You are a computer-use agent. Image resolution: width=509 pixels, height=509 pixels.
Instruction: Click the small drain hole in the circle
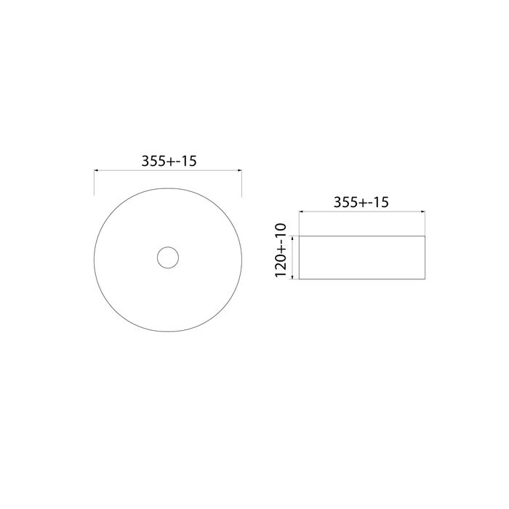pyautogui.click(x=167, y=257)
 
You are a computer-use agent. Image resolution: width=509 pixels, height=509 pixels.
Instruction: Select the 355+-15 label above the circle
pyautogui.click(x=168, y=161)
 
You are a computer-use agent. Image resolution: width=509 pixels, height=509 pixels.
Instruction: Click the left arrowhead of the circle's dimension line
pyautogui.click(x=97, y=172)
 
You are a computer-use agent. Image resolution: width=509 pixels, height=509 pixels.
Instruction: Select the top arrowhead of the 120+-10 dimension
pyautogui.click(x=292, y=237)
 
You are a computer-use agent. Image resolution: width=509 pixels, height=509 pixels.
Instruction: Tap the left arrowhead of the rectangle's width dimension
pyautogui.click(x=301, y=213)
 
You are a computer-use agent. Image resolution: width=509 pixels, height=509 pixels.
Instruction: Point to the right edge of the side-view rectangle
pyautogui.click(x=425, y=257)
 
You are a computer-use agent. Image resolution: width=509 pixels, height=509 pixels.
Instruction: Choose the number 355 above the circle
pyautogui.click(x=153, y=161)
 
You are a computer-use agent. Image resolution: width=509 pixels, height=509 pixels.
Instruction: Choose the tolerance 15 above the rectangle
pyautogui.click(x=377, y=203)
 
